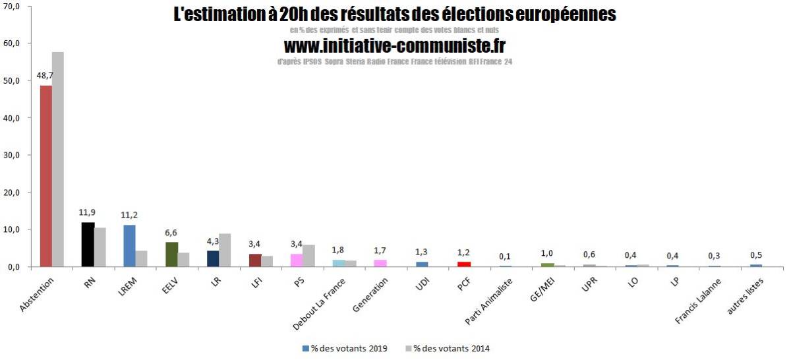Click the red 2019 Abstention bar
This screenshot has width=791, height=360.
pos(46,176)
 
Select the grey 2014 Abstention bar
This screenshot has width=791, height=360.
pos(58,160)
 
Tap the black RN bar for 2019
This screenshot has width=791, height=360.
pos(88,245)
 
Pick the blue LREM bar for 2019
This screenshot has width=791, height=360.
pos(129,246)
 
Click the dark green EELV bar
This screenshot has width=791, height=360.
pos(171,255)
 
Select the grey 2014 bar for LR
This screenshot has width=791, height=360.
pos(225,251)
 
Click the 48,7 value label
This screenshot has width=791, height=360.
pos(45,75)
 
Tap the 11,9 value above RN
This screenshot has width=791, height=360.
pos(87,212)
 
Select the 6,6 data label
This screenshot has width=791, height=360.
pos(171,232)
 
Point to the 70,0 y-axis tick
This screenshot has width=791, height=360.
pos(13,6)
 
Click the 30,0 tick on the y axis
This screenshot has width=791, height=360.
pos(13,155)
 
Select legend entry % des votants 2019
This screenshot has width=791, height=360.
pos(343,348)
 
